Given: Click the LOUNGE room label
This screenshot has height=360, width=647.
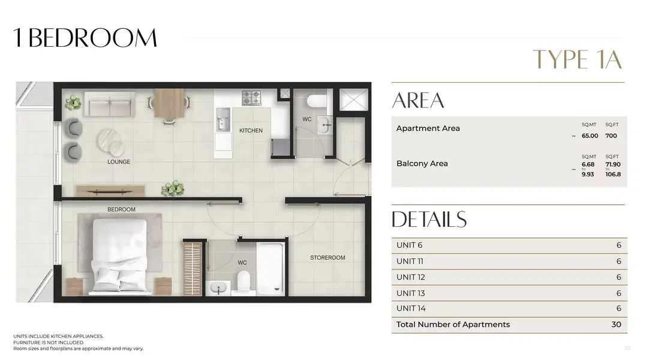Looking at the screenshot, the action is pos(119,162).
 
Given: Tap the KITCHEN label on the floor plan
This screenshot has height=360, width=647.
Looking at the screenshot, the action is pos(251,130).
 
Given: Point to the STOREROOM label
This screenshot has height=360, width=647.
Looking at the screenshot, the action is pos(327,257).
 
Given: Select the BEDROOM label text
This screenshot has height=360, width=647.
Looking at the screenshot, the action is pos(121,209).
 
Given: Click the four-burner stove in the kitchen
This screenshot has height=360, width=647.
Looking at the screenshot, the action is pos(251,98).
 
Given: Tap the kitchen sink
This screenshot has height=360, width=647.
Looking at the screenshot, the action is pos(223,120).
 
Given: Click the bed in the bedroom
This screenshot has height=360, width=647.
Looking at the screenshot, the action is pos(120,256).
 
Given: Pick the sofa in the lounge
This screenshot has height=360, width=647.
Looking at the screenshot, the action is pos(110,104).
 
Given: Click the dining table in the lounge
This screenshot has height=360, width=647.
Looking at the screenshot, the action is pos(169,103).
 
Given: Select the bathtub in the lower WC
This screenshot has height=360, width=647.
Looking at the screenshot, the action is pos(270,268).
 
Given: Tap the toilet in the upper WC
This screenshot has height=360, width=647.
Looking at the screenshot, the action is pos(317,101).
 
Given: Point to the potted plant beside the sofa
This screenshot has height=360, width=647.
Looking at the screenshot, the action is pos(73,103).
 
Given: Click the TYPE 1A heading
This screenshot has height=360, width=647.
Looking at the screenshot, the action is pos(577,59).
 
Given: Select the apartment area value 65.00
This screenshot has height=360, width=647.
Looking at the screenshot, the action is pos(589,136).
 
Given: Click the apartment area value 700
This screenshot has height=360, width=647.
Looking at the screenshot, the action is pos(611,136).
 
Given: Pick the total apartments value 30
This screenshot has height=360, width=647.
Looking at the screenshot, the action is pos(616,325).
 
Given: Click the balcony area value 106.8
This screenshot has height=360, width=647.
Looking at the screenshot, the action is pos(613,174).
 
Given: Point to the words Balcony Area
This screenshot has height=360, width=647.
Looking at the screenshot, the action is pos(422,163).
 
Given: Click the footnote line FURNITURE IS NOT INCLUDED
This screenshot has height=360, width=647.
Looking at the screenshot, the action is pos(49,342).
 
